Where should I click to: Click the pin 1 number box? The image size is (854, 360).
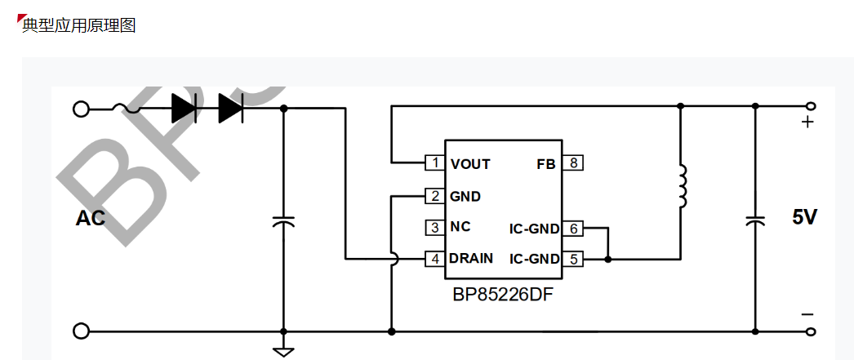[434, 163]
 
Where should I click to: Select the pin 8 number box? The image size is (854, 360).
[574, 163]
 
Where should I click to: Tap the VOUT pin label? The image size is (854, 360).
[470, 164]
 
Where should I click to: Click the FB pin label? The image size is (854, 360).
[545, 164]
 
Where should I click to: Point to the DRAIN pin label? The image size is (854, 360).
[471, 259]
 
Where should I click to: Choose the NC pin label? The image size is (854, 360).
[460, 227]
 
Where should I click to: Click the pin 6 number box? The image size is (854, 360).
[574, 229]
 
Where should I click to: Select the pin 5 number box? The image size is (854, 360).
[574, 259]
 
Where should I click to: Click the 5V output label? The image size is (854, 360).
[804, 217]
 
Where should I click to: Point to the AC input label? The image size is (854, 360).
[91, 218]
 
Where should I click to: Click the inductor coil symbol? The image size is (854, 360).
[681, 188]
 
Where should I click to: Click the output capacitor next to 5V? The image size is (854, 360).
[755, 220]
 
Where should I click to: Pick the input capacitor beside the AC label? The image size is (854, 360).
[283, 221]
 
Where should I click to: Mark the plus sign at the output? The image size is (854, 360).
[807, 122]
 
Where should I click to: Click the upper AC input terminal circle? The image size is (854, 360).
[81, 109]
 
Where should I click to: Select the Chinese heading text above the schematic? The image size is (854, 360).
[78, 25]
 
